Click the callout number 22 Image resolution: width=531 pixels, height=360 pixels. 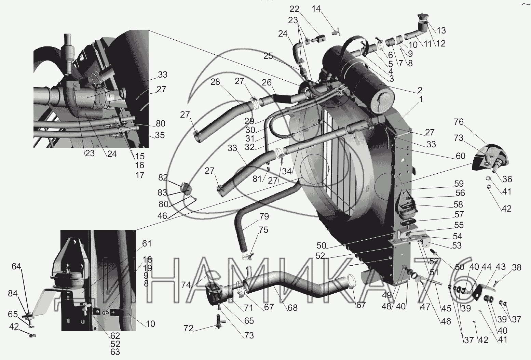coord(294,10)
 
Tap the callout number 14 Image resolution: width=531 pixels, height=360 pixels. coord(316,9)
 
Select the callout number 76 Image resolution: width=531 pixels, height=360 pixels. coord(459,122)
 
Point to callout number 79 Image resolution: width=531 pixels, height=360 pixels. coord(264,217)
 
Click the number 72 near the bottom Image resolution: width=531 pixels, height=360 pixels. coord(189,329)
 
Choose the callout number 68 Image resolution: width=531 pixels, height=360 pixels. coord(292,308)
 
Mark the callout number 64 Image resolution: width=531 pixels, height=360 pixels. coord(17,266)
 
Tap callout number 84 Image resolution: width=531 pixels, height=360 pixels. coord(13,293)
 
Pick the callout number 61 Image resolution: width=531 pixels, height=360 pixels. coord(147,244)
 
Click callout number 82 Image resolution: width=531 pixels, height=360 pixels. coord(163,177)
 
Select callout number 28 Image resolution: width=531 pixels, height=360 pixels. coord(215,82)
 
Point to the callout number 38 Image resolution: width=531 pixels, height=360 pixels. coord(517,267)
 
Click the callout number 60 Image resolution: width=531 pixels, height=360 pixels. coord(461,156)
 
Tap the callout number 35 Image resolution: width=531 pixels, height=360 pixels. coord(160,135)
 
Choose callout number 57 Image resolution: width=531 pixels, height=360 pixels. coord(459,214)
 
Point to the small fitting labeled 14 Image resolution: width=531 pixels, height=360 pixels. coord(336,33)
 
